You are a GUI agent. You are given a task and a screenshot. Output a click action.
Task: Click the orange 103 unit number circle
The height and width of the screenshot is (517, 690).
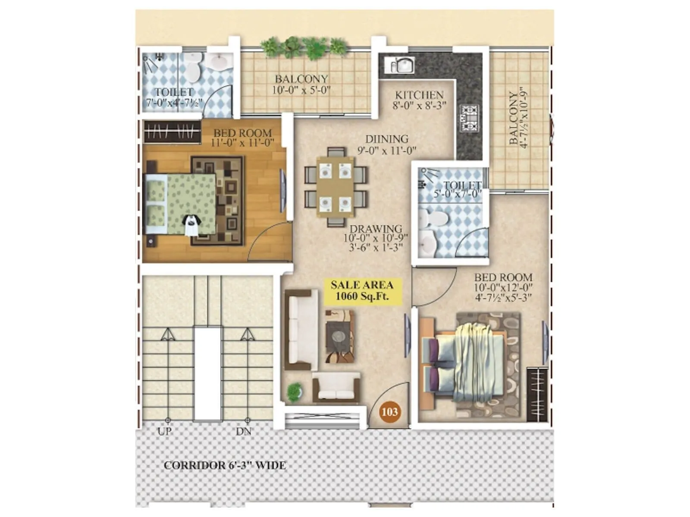pos(389,411)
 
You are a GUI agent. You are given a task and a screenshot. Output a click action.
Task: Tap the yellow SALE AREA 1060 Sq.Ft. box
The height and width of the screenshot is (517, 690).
pos(362,291)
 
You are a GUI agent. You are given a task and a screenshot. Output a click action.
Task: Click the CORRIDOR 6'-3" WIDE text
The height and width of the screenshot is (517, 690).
pos(225,465)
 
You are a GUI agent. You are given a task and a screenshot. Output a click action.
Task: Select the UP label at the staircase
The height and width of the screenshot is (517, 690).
pos(165,431)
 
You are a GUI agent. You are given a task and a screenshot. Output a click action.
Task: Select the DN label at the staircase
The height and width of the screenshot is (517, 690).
pos(244,431)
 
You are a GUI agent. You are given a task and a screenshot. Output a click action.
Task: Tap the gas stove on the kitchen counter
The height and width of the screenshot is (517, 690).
pos(469,118)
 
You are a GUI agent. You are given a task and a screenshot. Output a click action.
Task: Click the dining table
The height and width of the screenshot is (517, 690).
pos(336,186)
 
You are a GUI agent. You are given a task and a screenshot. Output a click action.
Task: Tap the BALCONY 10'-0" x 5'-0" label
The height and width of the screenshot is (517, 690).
pos(301,84)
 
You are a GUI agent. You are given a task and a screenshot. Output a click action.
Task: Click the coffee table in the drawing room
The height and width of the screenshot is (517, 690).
pos(339,336)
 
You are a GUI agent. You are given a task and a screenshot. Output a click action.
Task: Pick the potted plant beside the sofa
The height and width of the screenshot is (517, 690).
pos(294,391)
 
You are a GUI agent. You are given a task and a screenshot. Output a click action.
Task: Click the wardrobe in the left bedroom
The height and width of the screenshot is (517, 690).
pos(172,132)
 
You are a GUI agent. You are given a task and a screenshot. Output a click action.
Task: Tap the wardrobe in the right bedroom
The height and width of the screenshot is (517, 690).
pos(537,395)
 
